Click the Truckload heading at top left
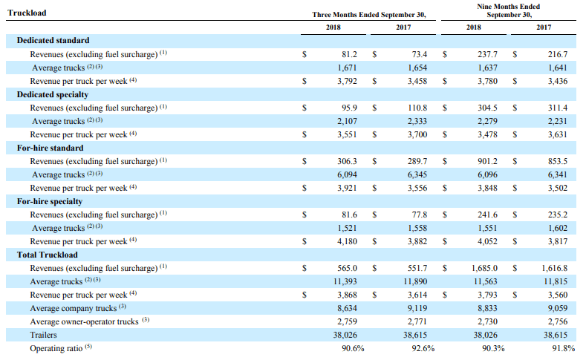click(x=27, y=13)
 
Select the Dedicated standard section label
click(x=53, y=40)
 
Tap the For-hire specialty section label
click(x=50, y=202)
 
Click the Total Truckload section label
click(x=48, y=255)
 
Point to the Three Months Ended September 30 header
click(x=369, y=15)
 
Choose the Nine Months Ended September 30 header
click(x=509, y=11)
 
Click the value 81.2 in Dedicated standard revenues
click(x=349, y=54)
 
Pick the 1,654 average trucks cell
click(x=417, y=68)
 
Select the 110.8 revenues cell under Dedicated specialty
click(x=417, y=108)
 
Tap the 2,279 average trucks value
click(x=487, y=122)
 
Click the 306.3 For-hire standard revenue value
click(x=347, y=161)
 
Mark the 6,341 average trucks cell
click(x=558, y=174)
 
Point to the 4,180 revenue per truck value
click(x=347, y=242)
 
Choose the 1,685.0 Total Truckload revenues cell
click(x=484, y=268)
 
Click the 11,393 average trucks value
click(x=345, y=281)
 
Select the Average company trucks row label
click(x=74, y=309)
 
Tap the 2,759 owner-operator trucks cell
click(x=347, y=322)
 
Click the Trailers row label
click(x=43, y=335)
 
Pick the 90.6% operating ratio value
click(x=353, y=348)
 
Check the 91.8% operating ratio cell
click(x=564, y=348)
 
